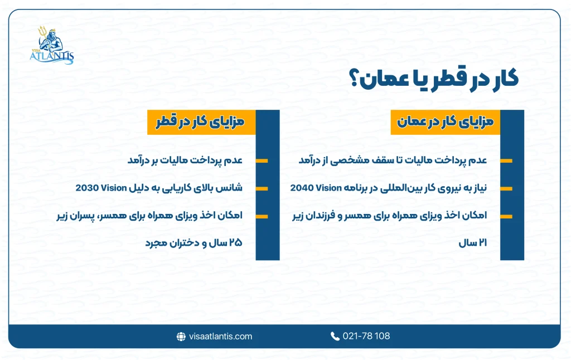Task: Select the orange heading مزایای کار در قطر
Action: pyautogui.click(x=201, y=122)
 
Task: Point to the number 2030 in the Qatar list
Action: pyautogui.click(x=88, y=188)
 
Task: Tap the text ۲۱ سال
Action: pyautogui.click(x=473, y=244)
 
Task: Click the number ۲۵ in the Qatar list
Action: pyautogui.click(x=235, y=244)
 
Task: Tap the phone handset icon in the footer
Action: pyautogui.click(x=335, y=336)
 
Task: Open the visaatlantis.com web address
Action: pyautogui.click(x=221, y=336)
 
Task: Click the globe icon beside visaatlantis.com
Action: pyautogui.click(x=181, y=336)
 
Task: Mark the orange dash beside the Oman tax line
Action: pyautogui.click(x=506, y=161)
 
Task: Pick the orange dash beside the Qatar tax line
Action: pyautogui.click(x=262, y=161)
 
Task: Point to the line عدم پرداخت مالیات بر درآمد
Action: pyautogui.click(x=184, y=160)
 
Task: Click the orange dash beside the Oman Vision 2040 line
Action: pyautogui.click(x=506, y=188)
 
